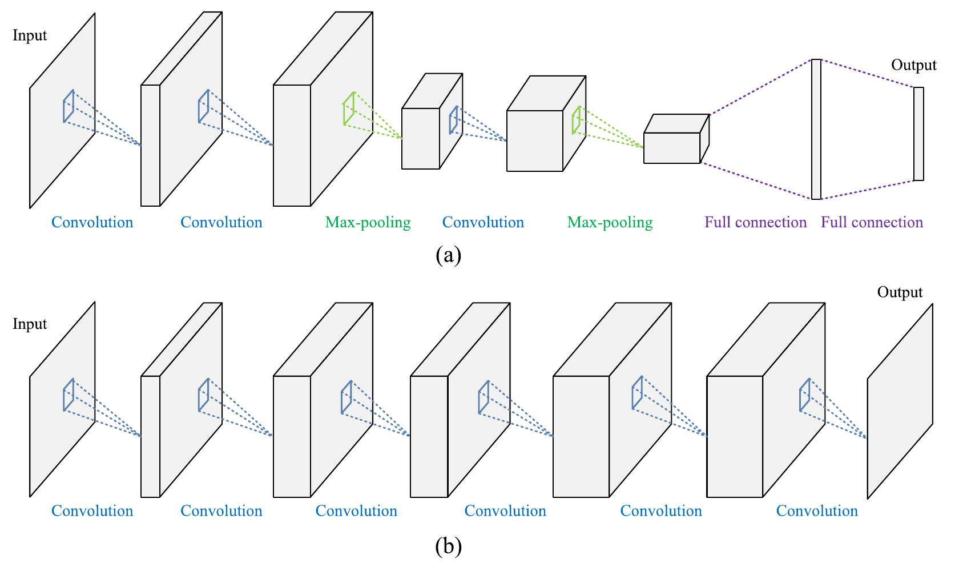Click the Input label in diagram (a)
30,35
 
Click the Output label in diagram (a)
913,65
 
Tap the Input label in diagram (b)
30,324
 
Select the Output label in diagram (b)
900,292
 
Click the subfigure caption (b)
448,546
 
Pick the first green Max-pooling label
368,222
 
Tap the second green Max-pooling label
610,222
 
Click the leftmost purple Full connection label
755,222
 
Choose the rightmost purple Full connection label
872,222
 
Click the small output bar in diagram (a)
918,134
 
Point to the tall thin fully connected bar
816,129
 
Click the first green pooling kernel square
349,108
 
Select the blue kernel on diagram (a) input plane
68,106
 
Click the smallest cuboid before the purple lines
672,147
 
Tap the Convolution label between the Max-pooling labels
483,222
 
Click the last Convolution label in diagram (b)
816,510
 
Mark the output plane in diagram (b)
900,401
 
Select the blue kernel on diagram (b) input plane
68,395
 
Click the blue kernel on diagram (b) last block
805,394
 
